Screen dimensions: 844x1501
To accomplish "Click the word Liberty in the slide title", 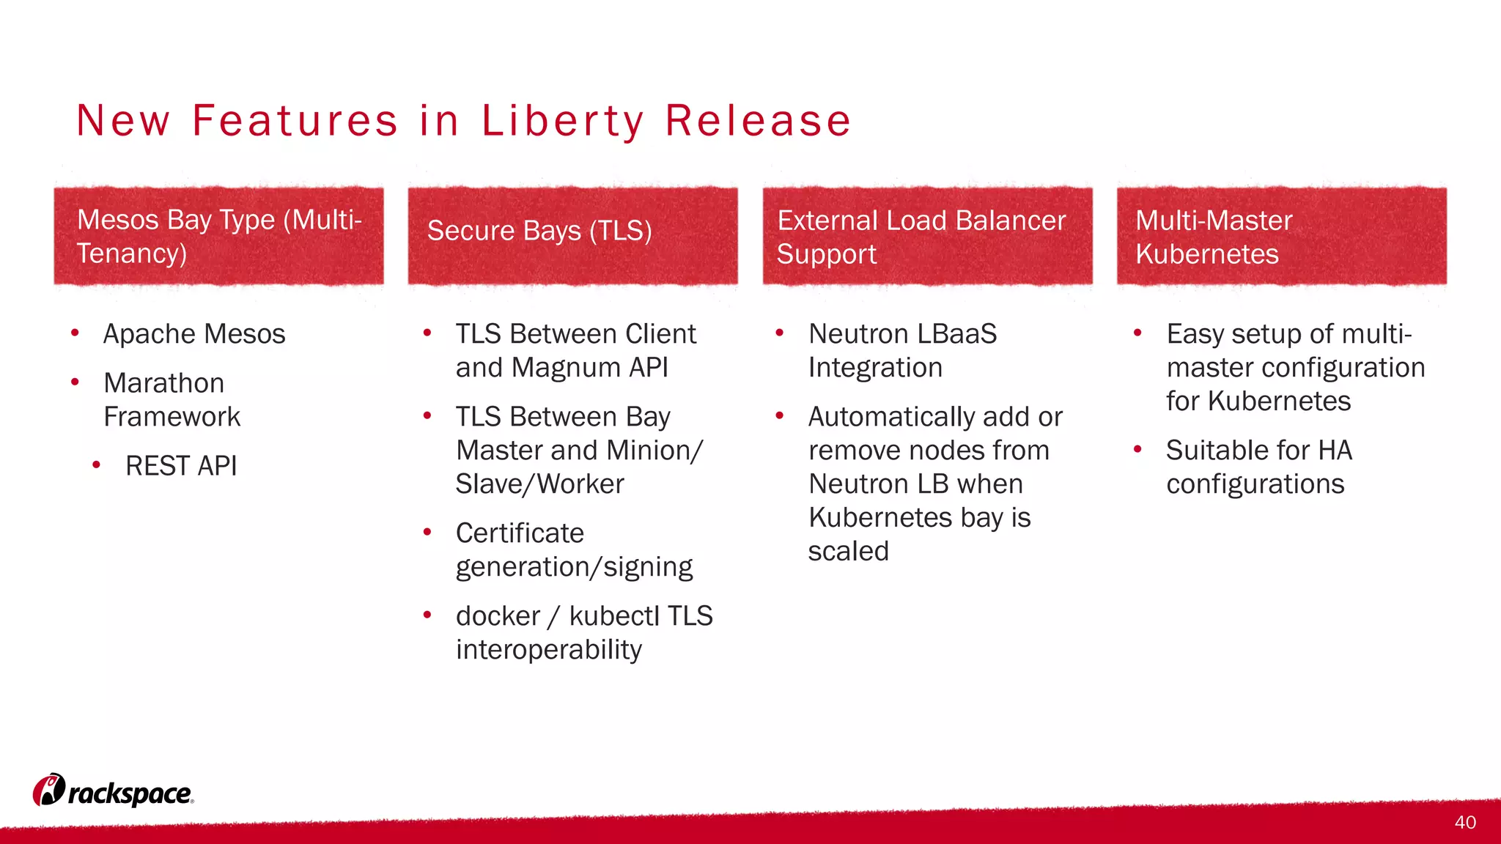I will tap(562, 120).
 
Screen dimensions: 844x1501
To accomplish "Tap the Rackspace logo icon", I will tap(48, 790).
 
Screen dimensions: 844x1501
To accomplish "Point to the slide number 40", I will tap(1465, 822).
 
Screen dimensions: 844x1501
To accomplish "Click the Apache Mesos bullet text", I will tap(194, 334).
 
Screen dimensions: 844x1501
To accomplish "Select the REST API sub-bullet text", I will tap(181, 466).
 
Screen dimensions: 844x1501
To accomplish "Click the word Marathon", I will tap(164, 383).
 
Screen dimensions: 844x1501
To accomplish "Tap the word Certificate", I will tap(520, 533).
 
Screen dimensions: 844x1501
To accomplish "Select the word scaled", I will tap(848, 551).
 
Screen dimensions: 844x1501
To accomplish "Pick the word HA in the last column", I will tap(1335, 450).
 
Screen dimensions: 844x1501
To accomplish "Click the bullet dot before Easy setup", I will tap(1137, 333).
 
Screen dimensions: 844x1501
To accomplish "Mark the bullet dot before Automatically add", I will tap(780, 416).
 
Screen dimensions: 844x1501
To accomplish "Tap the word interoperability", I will tap(548, 650).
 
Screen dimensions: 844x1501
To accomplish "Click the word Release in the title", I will tap(758, 120).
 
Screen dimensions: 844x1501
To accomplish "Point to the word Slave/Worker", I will tap(539, 484).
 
